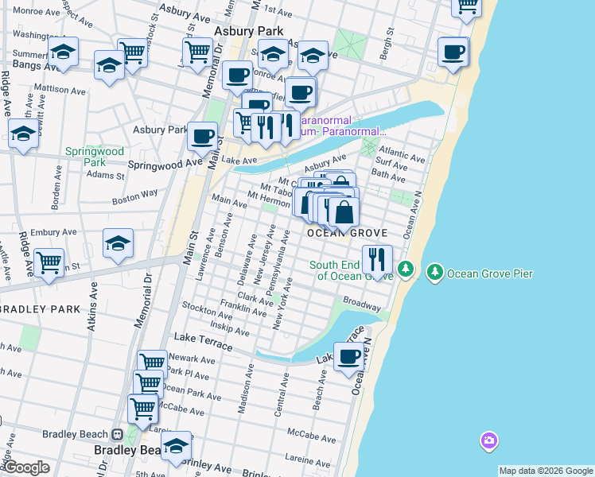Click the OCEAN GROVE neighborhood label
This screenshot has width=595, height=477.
click(x=348, y=233)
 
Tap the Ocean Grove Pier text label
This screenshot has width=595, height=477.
click(x=489, y=273)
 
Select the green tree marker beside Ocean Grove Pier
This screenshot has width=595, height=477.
click(x=434, y=273)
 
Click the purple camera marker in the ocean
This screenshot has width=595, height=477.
click(x=488, y=440)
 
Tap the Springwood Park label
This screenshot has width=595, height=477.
click(x=95, y=156)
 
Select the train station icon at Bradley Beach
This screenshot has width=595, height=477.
click(x=117, y=435)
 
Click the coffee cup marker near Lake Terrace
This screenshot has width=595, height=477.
click(x=348, y=357)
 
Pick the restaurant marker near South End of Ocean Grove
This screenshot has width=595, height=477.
click(x=377, y=259)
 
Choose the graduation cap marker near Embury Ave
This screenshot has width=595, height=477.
click(x=118, y=243)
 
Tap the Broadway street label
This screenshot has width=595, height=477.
click(x=361, y=304)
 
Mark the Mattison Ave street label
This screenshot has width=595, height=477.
click(x=60, y=90)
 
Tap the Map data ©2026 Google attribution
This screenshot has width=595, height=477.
click(x=546, y=471)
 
